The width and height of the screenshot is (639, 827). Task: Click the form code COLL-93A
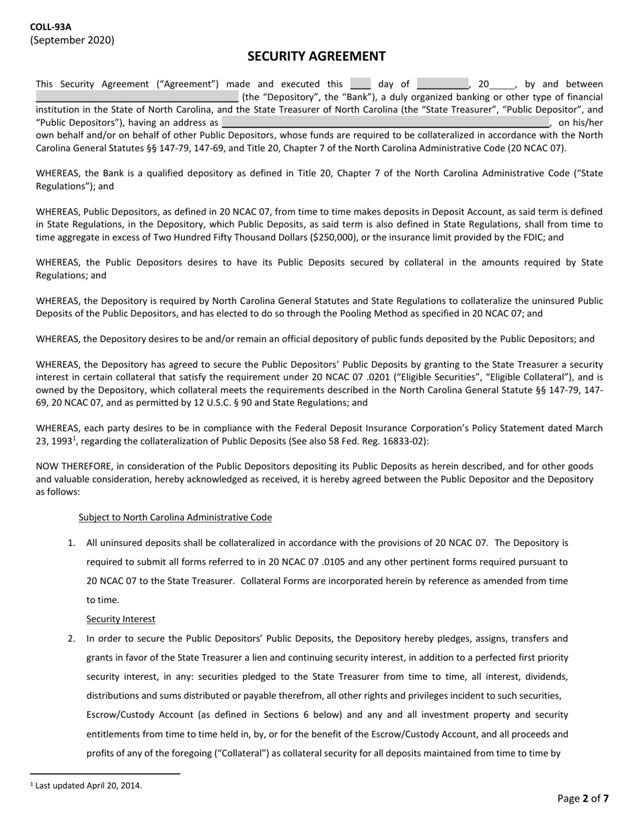click(50, 27)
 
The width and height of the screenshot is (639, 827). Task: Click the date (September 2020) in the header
click(72, 40)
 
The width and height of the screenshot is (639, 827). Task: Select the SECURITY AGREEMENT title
click(316, 56)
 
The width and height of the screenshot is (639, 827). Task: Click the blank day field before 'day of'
click(361, 84)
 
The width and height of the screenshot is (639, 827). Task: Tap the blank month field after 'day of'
click(442, 84)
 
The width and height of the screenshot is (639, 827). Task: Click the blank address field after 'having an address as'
click(385, 122)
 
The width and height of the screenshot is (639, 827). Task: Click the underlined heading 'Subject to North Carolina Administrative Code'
click(175, 517)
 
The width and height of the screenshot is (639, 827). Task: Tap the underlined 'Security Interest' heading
click(120, 619)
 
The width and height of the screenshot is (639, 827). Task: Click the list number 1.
click(71, 543)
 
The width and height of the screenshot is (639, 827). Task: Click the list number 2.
click(71, 639)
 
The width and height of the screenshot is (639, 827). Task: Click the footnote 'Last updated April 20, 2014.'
click(88, 785)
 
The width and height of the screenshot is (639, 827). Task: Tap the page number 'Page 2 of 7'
click(583, 799)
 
